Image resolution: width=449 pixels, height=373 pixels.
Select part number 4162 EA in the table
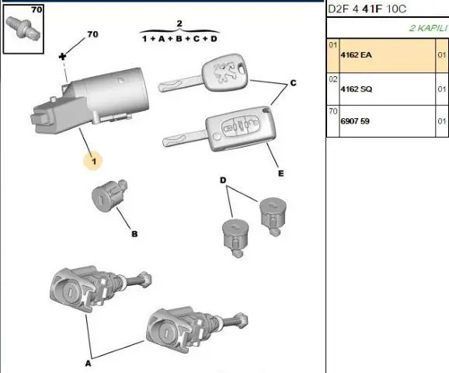pyautogui.click(x=356, y=54)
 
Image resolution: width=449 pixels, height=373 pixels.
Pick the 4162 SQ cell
pyautogui.click(x=357, y=89)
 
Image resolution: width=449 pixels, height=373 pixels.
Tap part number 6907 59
pyautogui.click(x=355, y=121)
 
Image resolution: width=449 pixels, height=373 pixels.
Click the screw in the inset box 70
pyautogui.click(x=23, y=29)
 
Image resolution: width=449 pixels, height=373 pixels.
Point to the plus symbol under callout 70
pyautogui.click(x=62, y=57)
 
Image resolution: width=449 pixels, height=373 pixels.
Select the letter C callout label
pyautogui.click(x=293, y=83)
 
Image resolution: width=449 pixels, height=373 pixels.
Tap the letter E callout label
pyautogui.click(x=281, y=173)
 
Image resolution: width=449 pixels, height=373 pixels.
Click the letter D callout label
pyautogui.click(x=223, y=180)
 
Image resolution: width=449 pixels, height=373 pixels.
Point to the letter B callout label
pyautogui.click(x=134, y=234)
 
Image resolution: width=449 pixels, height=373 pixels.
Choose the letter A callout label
pyautogui.click(x=89, y=364)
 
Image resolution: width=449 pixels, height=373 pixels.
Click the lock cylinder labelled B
pyautogui.click(x=109, y=196)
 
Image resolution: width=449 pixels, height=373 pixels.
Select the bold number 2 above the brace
pyautogui.click(x=179, y=23)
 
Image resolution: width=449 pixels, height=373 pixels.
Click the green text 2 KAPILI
pyautogui.click(x=428, y=28)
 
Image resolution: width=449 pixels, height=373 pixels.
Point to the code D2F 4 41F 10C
pyautogui.click(x=367, y=9)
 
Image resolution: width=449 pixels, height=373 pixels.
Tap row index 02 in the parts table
pyautogui.click(x=333, y=78)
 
